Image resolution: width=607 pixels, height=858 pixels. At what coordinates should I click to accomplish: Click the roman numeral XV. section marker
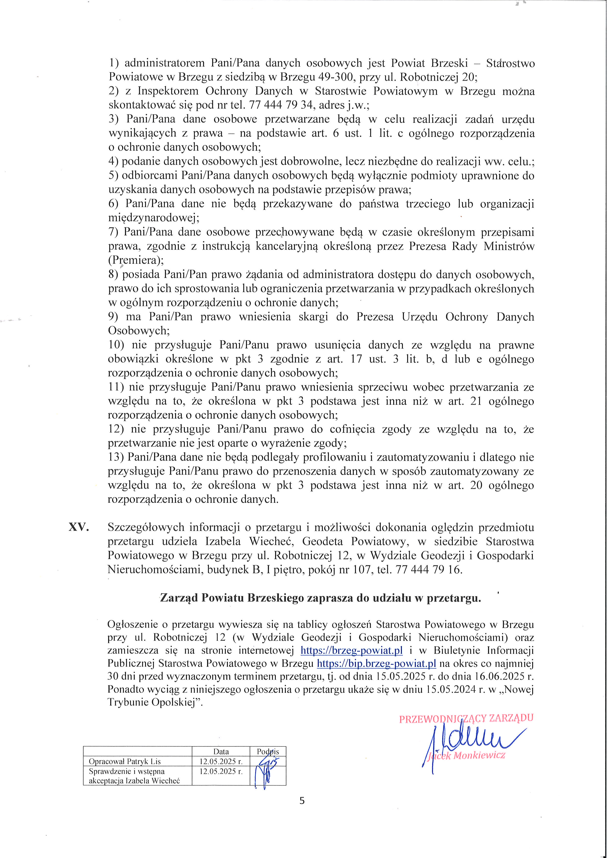79,527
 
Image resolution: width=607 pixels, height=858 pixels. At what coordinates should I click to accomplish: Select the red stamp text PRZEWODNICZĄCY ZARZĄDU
466,718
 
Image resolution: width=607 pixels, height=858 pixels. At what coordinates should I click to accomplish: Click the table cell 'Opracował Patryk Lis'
125,761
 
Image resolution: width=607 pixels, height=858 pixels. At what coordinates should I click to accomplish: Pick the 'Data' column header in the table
221,752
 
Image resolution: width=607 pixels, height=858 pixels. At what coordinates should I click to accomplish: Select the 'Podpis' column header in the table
268,752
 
